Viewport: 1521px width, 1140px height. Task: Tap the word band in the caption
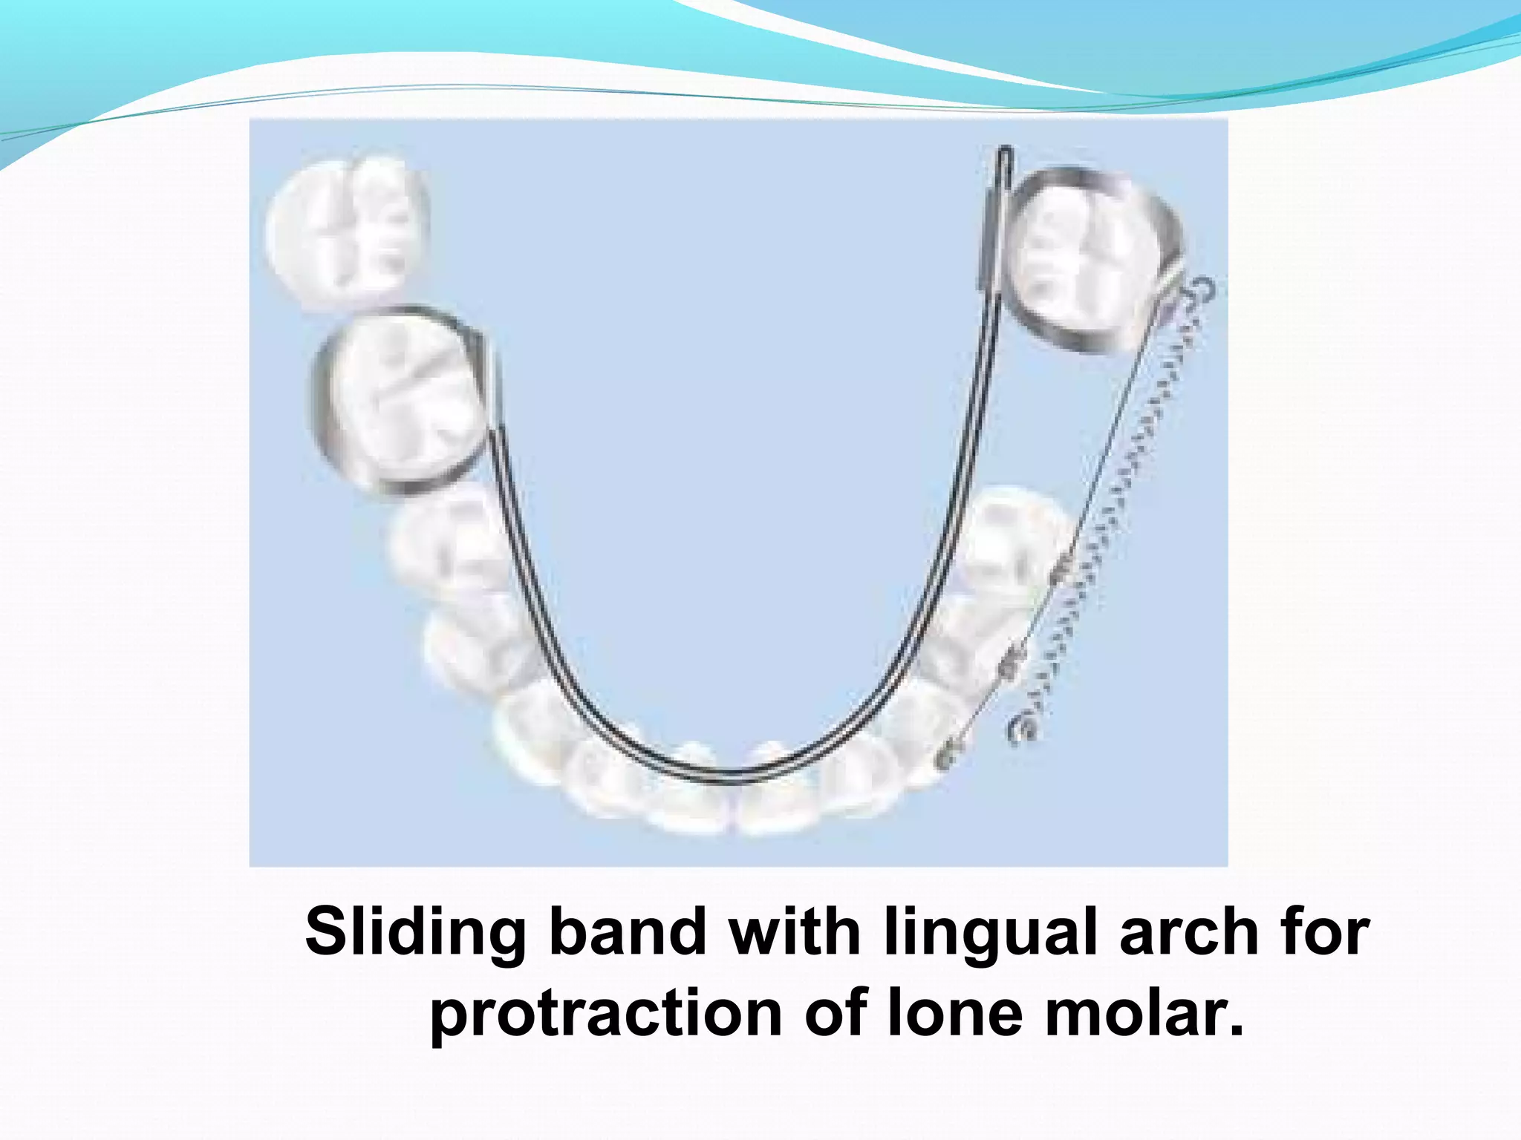coord(627,932)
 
